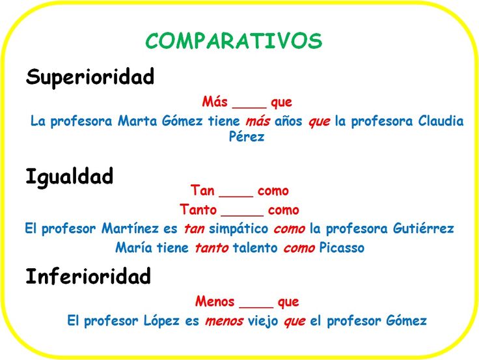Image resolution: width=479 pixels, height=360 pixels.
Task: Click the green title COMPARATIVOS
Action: click(234, 41)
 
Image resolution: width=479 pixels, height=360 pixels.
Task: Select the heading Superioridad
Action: click(90, 77)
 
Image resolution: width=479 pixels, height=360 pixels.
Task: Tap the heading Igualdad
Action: click(69, 176)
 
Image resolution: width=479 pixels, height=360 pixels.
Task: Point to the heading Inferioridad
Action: click(88, 277)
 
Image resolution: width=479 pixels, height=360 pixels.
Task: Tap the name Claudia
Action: click(441, 121)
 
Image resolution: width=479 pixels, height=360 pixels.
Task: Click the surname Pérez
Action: click(247, 137)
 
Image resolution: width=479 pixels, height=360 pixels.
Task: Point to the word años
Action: click(289, 122)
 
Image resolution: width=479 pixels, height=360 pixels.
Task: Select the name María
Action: click(133, 248)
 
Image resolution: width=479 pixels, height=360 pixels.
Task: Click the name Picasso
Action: click(342, 248)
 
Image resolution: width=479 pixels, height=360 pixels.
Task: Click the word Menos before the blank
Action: click(214, 302)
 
